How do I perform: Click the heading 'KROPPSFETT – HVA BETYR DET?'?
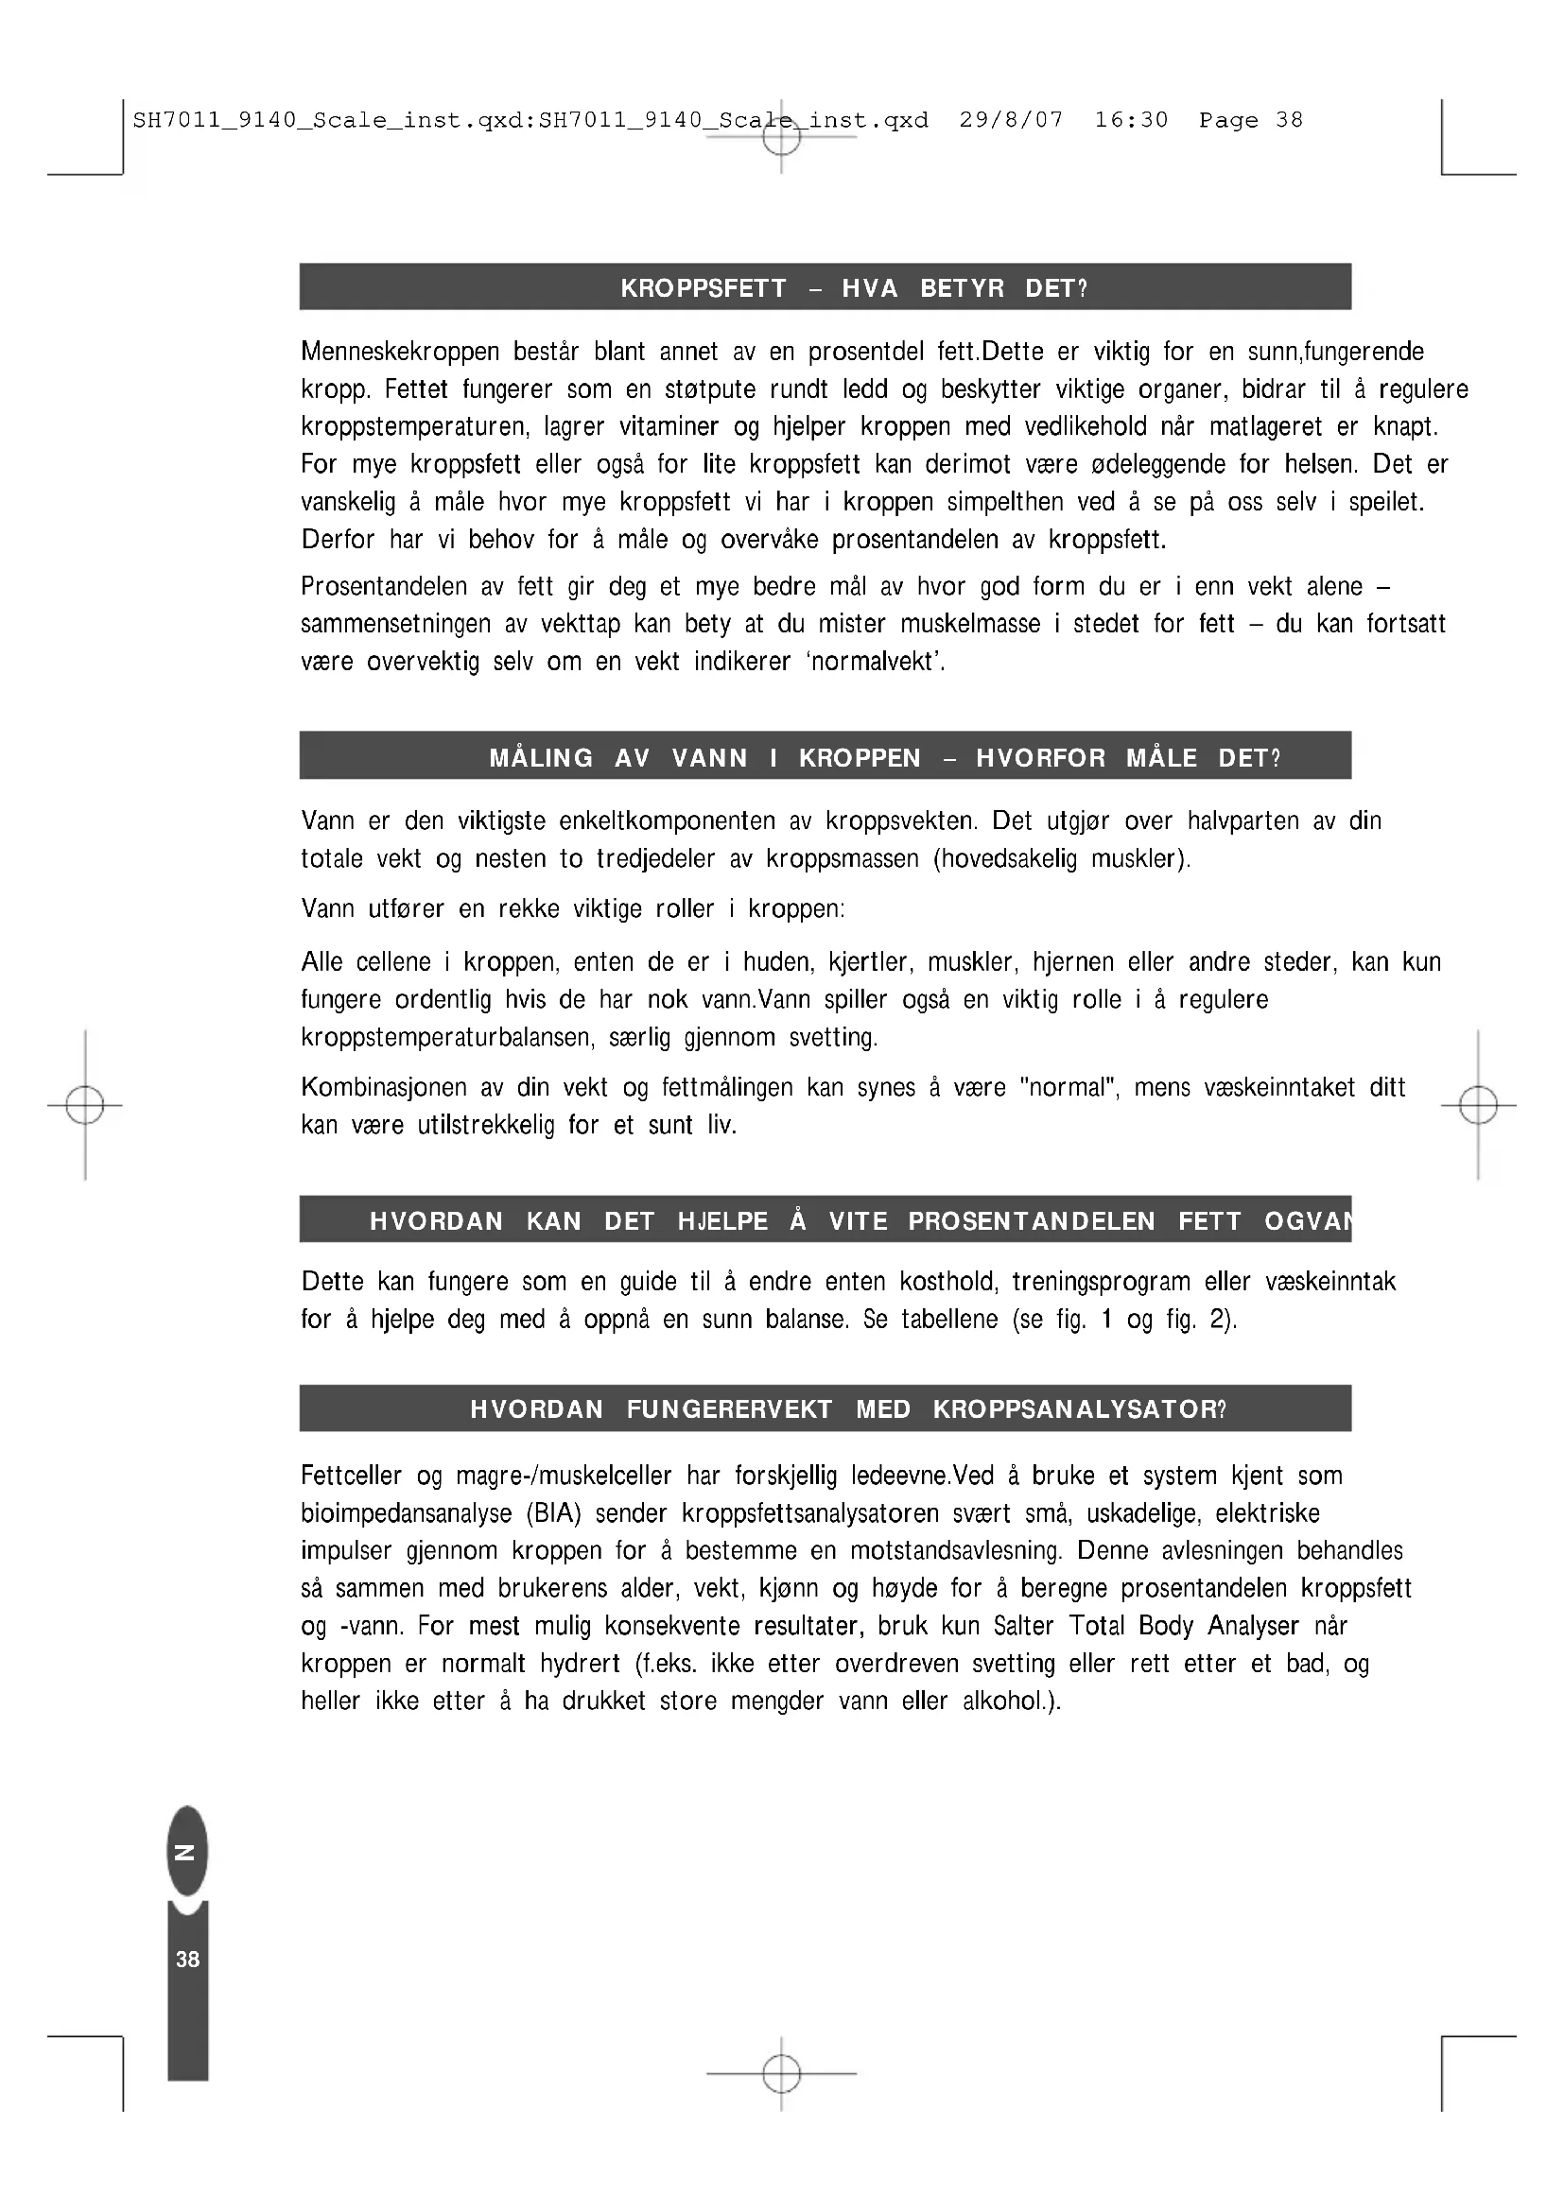pos(853,289)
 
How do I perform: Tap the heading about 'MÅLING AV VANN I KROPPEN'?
pos(884,759)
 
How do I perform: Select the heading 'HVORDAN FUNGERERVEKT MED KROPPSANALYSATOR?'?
pos(847,1409)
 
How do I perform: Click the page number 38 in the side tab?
pos(188,1959)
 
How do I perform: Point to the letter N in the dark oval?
pos(187,1852)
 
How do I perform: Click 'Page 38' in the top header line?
pos(1250,120)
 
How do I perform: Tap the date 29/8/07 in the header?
pos(1011,120)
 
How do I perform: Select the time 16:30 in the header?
pos(1131,120)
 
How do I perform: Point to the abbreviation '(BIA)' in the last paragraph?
pos(554,1512)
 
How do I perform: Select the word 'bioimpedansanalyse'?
pos(407,1512)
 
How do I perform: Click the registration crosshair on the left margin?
pos(85,1106)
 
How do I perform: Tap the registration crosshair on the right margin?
pos(1478,1106)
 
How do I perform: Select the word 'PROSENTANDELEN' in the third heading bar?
pos(1032,1222)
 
